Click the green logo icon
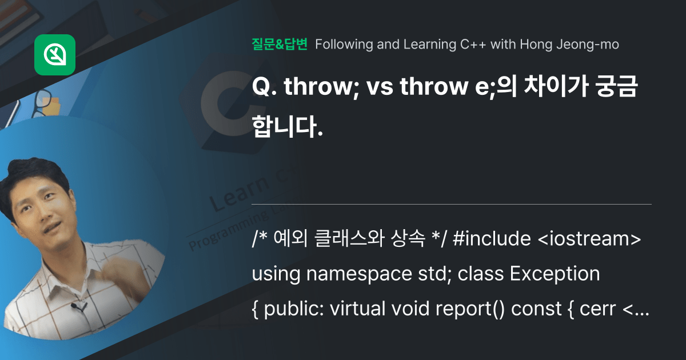[55, 55]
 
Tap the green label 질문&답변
[280, 44]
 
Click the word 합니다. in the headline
[287, 126]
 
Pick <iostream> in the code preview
[589, 239]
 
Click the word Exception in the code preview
[554, 274]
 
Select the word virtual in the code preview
[352, 309]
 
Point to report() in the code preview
[470, 309]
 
